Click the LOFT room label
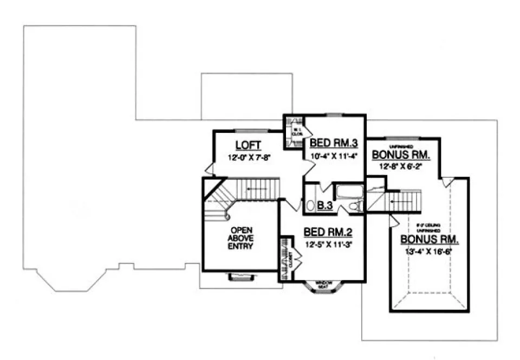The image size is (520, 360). [249, 145]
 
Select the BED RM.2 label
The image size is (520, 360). [328, 233]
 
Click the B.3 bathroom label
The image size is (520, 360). [324, 206]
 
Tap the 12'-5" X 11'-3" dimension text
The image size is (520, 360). [328, 244]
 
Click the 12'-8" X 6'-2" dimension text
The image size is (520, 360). [401, 166]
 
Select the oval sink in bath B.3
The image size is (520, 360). [310, 205]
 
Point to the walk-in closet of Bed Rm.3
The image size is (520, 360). [296, 131]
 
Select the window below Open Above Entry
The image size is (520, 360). [238, 277]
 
